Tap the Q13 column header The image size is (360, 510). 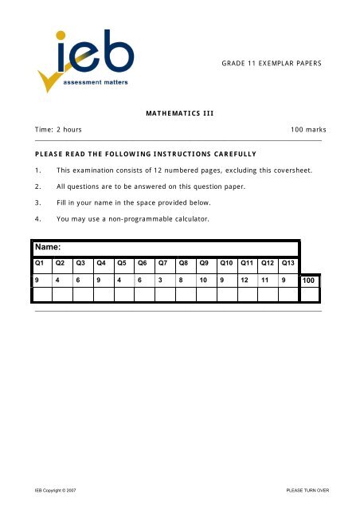click(x=288, y=262)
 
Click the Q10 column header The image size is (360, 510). click(x=226, y=262)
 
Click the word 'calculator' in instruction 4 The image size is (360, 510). click(x=186, y=218)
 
